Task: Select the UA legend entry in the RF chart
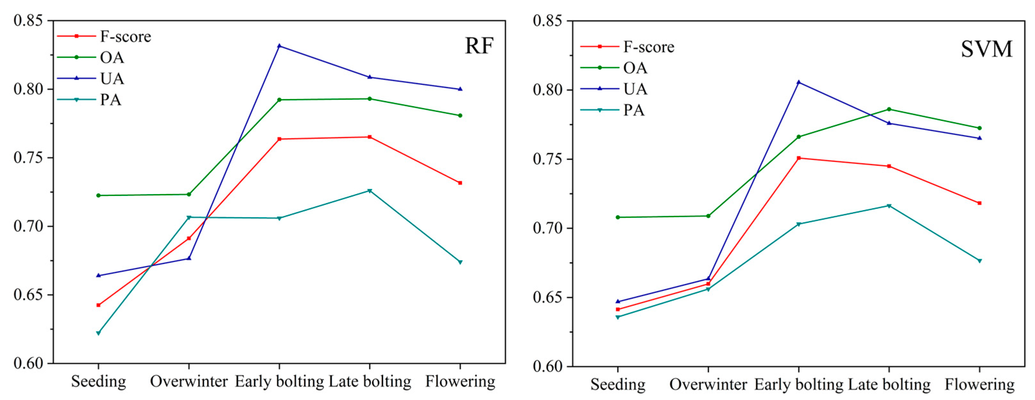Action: coord(112,78)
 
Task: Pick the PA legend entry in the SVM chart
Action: coord(634,110)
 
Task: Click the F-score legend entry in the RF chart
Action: coord(125,37)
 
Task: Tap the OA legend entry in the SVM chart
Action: coord(635,68)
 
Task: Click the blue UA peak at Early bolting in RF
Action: coord(279,46)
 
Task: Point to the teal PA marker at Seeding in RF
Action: coord(98,333)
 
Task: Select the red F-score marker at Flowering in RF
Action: coord(460,183)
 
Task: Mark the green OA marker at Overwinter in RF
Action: coord(189,194)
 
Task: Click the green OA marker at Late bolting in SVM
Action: coord(889,109)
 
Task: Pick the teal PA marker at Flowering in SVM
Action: coord(979,261)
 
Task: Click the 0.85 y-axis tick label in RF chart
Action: coord(28,21)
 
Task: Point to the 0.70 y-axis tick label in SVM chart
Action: coord(547,228)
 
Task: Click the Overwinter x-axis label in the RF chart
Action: coord(189,381)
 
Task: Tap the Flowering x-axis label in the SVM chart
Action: coord(979,384)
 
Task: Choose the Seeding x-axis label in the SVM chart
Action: coord(618,384)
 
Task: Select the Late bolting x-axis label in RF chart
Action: coord(370,381)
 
